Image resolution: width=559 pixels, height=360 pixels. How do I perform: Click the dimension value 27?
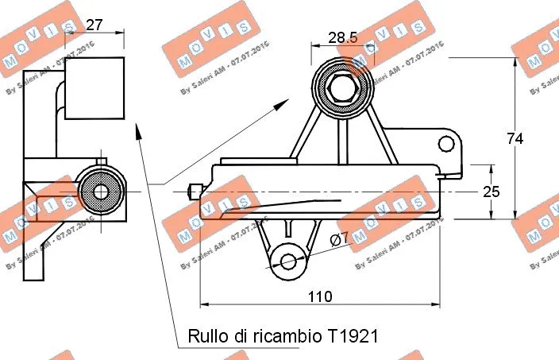point(94,25)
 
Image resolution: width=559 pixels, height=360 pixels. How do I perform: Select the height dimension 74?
point(515,138)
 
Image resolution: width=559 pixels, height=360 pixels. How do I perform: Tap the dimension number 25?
point(492,192)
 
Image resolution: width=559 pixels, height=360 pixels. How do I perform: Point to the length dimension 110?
point(319,296)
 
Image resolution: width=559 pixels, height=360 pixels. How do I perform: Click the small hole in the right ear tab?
point(449,144)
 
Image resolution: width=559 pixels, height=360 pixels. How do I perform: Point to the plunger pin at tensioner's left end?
point(193,192)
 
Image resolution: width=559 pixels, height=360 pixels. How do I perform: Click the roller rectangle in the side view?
point(94,87)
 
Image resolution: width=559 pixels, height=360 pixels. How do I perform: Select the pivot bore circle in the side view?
point(101,192)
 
